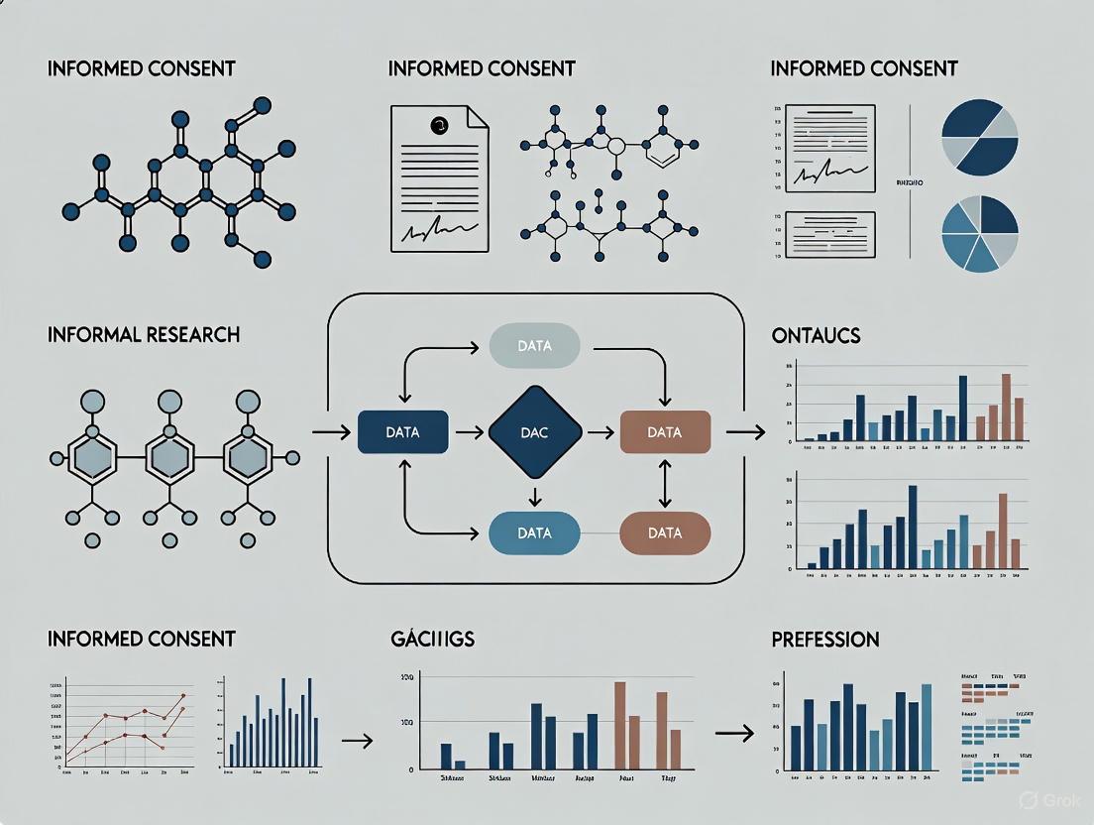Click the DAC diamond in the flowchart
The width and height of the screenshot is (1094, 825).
pyautogui.click(x=535, y=432)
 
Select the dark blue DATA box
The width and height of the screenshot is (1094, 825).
pyautogui.click(x=402, y=432)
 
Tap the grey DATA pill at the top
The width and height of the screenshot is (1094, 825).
pyautogui.click(x=534, y=347)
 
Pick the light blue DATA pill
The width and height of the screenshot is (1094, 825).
pyautogui.click(x=534, y=532)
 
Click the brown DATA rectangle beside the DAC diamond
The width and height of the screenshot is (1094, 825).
pyautogui.click(x=664, y=432)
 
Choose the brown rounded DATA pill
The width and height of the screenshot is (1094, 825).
pyautogui.click(x=664, y=532)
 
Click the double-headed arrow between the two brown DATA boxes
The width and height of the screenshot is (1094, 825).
pyautogui.click(x=665, y=483)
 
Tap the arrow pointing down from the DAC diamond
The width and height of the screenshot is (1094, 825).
pyautogui.click(x=535, y=495)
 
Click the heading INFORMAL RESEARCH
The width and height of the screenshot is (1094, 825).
pyautogui.click(x=144, y=335)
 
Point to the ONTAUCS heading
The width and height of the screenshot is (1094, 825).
pyautogui.click(x=816, y=336)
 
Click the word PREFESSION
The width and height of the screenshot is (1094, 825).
pyautogui.click(x=825, y=640)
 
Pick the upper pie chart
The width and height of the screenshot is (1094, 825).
pyautogui.click(x=979, y=137)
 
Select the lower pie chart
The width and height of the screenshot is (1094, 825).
pyautogui.click(x=979, y=233)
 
